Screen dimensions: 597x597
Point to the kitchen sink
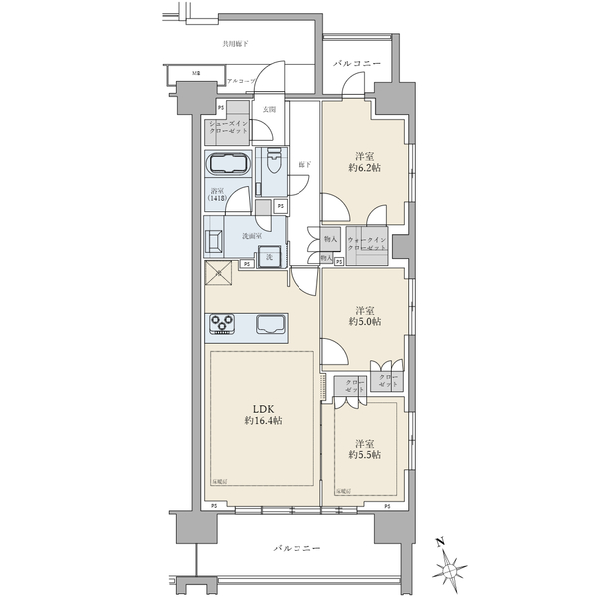coord(270,324)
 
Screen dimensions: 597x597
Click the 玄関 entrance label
coord(269,109)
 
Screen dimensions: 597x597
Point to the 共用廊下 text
coord(236,44)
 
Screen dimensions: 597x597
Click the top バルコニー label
coord(354,62)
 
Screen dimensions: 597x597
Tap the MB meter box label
coord(196,74)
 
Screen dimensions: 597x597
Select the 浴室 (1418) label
coord(218,195)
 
